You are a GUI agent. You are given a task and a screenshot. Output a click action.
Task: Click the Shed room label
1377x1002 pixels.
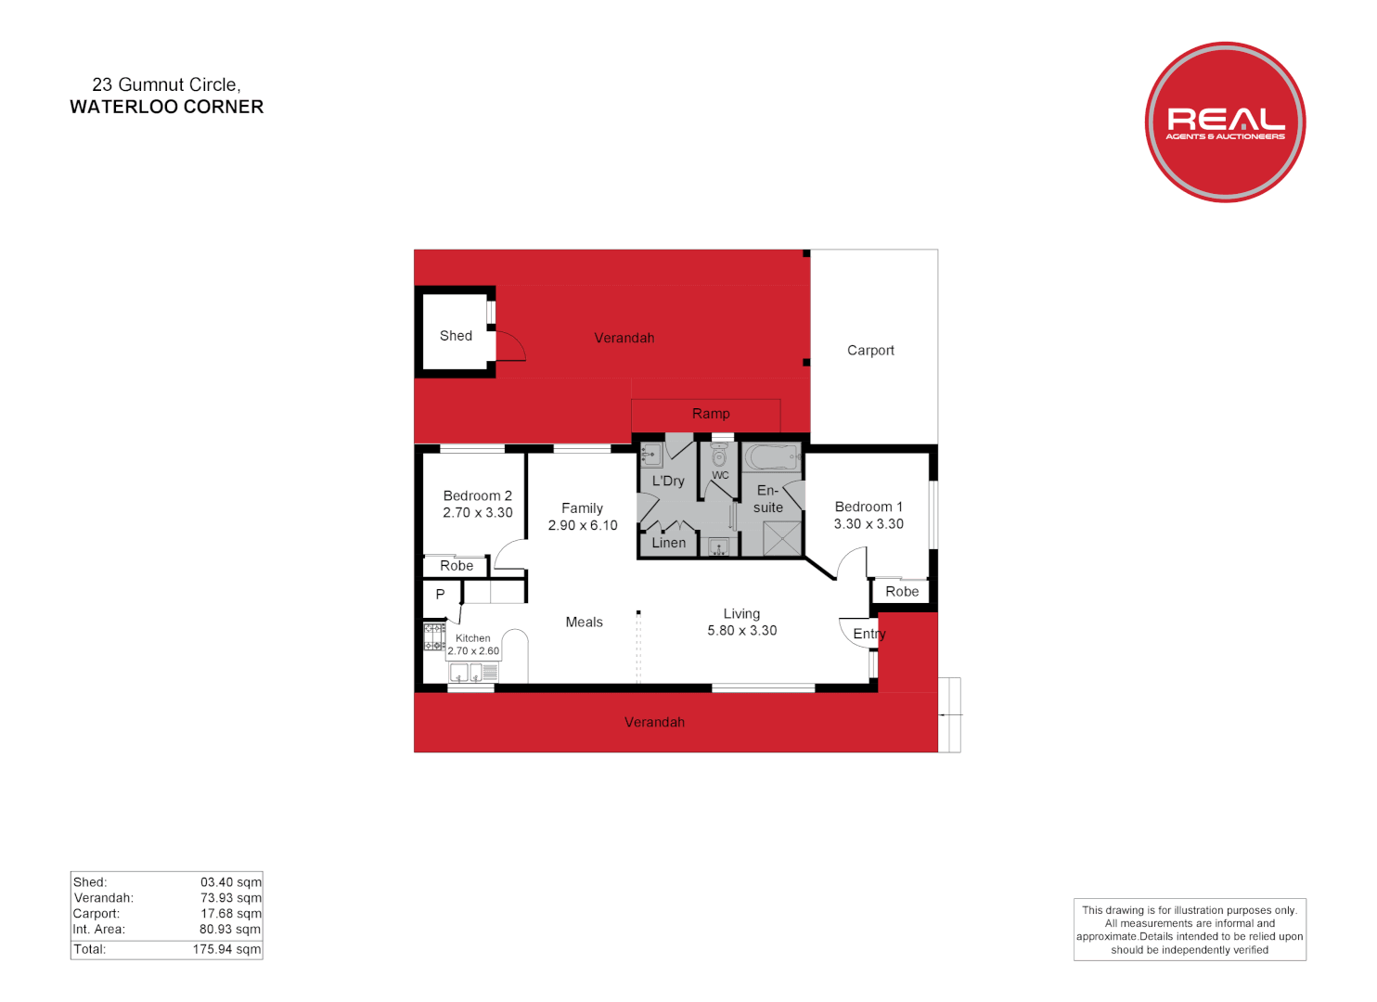tap(456, 336)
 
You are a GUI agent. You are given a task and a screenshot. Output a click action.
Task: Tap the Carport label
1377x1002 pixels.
tap(870, 351)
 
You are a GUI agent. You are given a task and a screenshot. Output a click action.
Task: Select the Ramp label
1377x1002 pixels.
tap(711, 414)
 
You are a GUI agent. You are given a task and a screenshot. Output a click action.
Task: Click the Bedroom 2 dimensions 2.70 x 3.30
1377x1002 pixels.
tap(478, 513)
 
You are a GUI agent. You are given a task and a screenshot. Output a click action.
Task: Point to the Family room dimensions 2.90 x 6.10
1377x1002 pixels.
tap(583, 526)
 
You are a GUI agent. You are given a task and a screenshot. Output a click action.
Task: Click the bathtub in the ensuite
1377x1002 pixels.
tap(771, 457)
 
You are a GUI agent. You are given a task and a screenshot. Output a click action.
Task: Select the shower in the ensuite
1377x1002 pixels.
tap(782, 539)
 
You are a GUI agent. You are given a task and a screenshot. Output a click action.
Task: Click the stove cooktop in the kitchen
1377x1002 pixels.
tap(434, 636)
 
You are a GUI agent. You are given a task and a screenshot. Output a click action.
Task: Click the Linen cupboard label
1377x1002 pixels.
tap(669, 544)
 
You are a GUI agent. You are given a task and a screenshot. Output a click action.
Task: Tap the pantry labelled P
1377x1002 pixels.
tap(441, 595)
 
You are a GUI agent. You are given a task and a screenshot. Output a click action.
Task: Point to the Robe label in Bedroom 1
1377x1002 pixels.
tap(902, 592)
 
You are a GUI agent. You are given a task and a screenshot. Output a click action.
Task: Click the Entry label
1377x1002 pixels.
tap(869, 635)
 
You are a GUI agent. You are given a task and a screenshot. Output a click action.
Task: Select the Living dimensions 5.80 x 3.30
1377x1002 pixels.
tap(742, 631)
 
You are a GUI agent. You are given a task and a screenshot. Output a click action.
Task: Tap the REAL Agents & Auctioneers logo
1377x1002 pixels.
tap(1225, 122)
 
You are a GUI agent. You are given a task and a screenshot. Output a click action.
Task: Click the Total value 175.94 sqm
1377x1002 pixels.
tap(226, 949)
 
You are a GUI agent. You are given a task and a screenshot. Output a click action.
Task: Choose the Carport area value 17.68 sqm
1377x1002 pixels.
tap(231, 914)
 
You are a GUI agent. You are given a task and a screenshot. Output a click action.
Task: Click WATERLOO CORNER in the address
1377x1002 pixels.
tap(167, 108)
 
